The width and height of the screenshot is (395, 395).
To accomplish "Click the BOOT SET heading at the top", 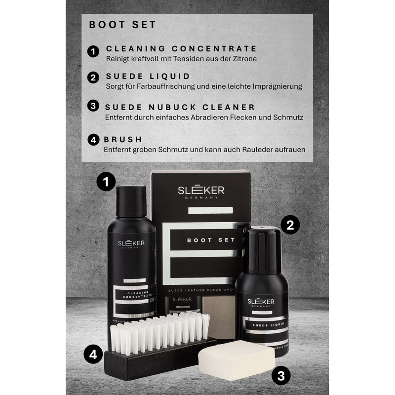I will pyautogui.click(x=122, y=25).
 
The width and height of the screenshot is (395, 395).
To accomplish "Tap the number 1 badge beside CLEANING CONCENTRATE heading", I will pyautogui.click(x=93, y=51).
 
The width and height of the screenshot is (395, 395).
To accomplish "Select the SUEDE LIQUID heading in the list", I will pyautogui.click(x=148, y=77).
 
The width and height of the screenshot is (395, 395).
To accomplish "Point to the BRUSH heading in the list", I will pyautogui.click(x=123, y=139).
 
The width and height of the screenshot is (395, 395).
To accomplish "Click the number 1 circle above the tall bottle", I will pyautogui.click(x=106, y=182).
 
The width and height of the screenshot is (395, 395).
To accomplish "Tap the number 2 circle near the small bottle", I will pyautogui.click(x=290, y=225).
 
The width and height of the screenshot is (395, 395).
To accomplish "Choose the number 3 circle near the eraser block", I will pyautogui.click(x=281, y=376).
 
